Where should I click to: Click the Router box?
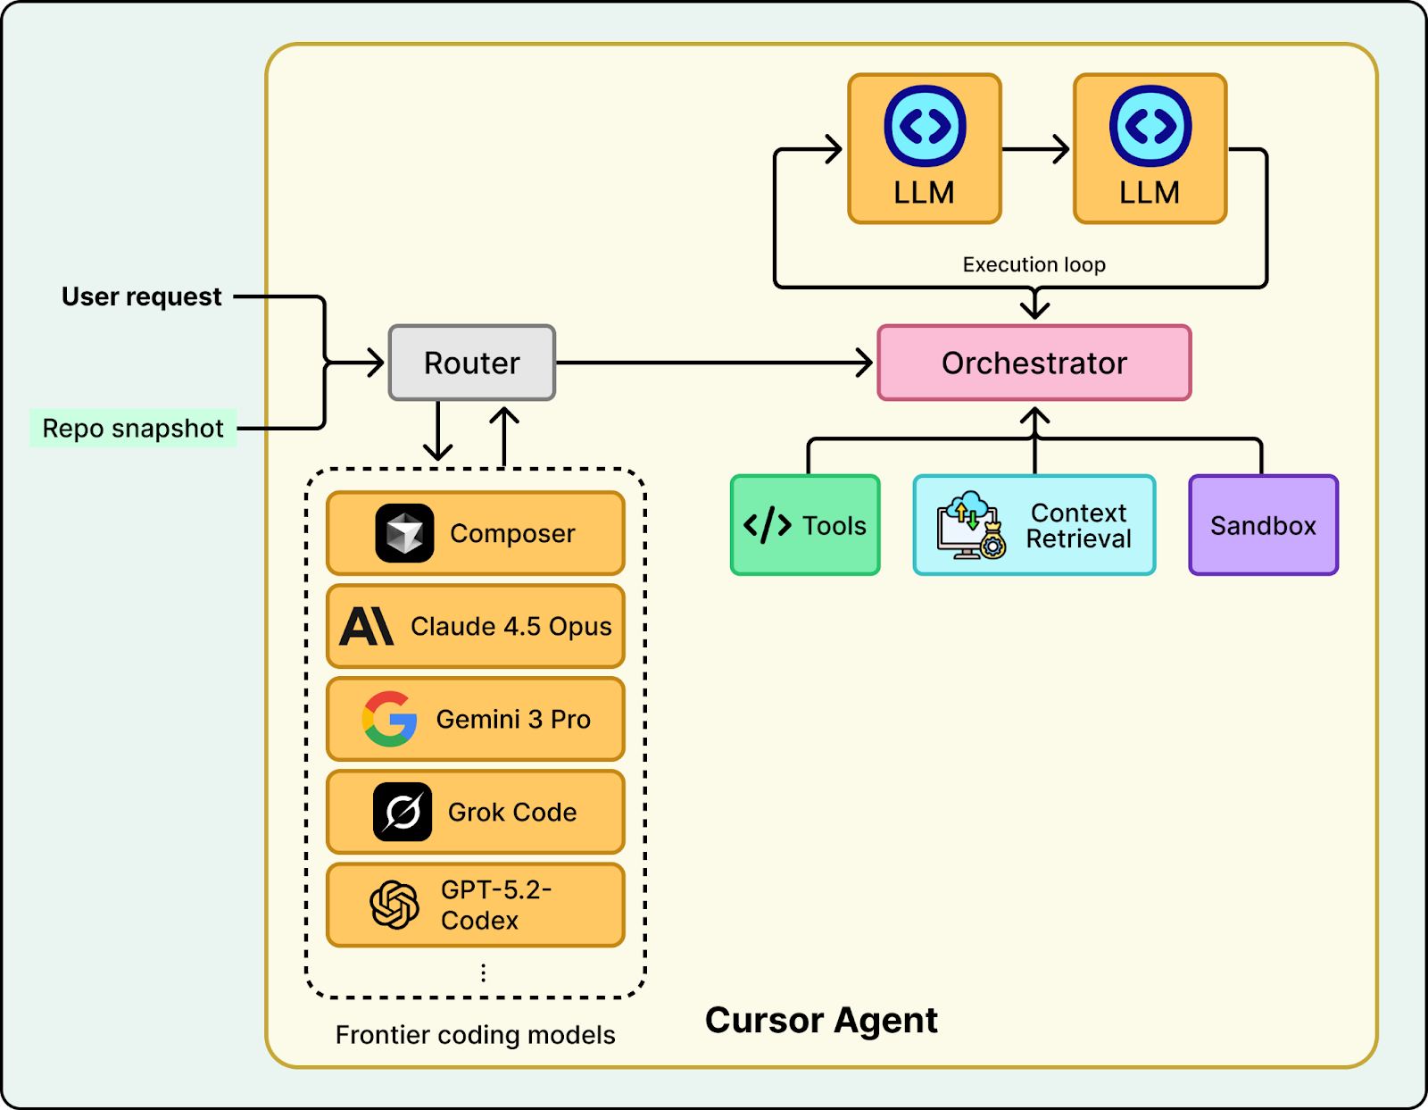[x=472, y=363]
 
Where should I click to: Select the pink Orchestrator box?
[x=1034, y=363]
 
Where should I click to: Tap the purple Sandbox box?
[x=1263, y=525]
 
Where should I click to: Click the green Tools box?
[x=805, y=525]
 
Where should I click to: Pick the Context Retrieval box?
[x=1034, y=525]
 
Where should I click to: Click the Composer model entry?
[x=475, y=533]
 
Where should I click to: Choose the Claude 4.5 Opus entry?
[x=475, y=626]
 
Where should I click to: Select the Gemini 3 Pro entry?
[x=475, y=719]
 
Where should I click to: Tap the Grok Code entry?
[x=475, y=812]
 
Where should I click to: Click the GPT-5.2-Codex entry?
[x=475, y=905]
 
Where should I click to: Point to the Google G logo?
[x=390, y=719]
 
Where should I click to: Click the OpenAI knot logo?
[x=394, y=905]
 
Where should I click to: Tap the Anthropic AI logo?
[x=366, y=626]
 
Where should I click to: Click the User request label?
[x=141, y=296]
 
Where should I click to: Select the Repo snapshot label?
[x=133, y=429]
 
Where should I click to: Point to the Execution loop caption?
[x=1034, y=264]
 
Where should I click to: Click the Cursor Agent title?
[x=821, y=1020]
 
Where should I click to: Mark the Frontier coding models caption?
[x=475, y=1035]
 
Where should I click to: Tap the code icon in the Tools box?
[x=768, y=525]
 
